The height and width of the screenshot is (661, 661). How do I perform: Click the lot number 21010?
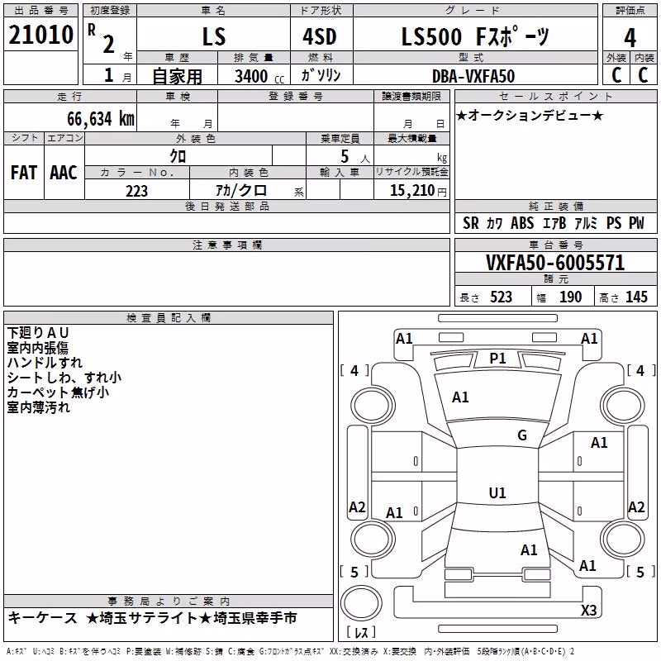[40, 35]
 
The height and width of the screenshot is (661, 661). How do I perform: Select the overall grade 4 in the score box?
[630, 37]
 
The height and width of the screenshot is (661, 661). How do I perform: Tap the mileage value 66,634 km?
[101, 119]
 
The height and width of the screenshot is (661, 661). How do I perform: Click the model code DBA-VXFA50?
[473, 76]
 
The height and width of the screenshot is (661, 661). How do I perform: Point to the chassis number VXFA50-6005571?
[555, 263]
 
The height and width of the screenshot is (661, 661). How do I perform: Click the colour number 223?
[136, 191]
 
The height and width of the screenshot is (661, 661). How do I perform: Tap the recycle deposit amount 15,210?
[411, 191]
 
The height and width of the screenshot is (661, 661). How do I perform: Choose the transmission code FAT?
[24, 173]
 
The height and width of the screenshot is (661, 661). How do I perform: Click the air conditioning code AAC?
[64, 173]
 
